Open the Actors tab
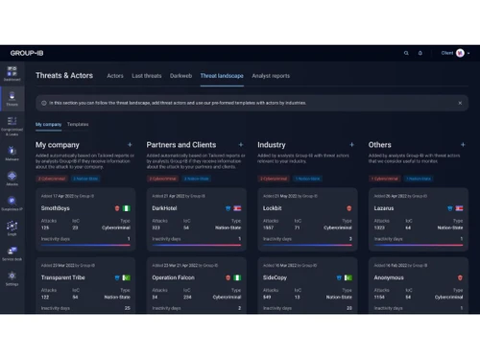coord(115,75)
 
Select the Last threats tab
coord(146,75)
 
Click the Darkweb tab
coord(180,75)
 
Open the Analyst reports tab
coord(270,75)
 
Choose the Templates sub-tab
coord(78,125)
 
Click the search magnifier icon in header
coord(406,53)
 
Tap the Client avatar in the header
coord(461,53)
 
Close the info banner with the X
coord(460,102)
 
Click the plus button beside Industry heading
coord(351,145)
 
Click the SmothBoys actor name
coord(57,206)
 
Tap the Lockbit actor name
coord(271,206)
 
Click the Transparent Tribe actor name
coord(67,276)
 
